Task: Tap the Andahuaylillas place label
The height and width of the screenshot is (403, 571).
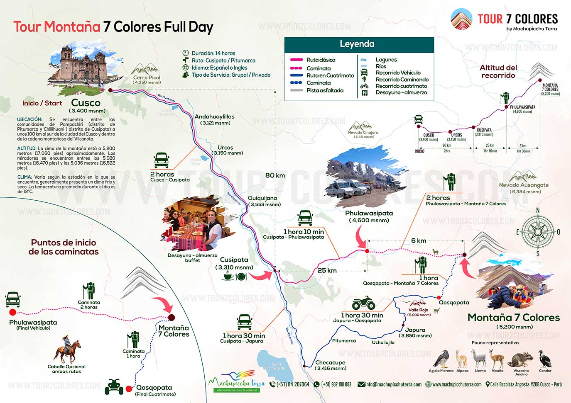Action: point(214,117)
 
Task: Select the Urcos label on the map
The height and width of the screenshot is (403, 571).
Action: point(225,148)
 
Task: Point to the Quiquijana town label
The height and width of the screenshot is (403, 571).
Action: point(262,198)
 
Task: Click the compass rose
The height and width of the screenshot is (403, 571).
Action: point(538,232)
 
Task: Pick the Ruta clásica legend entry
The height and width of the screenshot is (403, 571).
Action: point(320,60)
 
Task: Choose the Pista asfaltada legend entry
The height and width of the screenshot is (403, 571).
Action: point(324,90)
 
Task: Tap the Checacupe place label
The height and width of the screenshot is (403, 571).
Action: point(330,362)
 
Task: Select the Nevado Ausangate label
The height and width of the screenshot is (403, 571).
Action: point(523,185)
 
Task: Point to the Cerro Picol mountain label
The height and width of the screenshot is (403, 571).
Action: point(146,78)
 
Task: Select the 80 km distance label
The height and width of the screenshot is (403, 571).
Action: point(275,175)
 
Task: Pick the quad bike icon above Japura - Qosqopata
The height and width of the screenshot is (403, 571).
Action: point(363,303)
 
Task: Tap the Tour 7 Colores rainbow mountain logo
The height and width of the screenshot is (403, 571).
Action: point(461,19)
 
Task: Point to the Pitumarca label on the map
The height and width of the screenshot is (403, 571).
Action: point(344,341)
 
